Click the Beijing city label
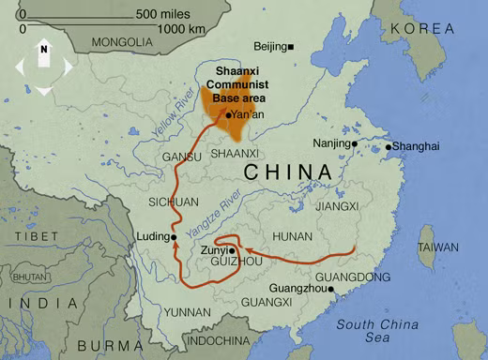(x=270, y=47)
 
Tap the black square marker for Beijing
(x=292, y=47)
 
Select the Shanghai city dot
(x=389, y=146)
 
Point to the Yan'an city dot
(x=228, y=114)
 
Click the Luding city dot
(x=171, y=236)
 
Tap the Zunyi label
(x=214, y=251)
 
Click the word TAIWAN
(x=438, y=247)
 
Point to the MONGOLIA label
(x=121, y=42)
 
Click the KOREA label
(x=422, y=29)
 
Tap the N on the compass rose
(x=43, y=48)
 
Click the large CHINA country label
(x=287, y=172)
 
